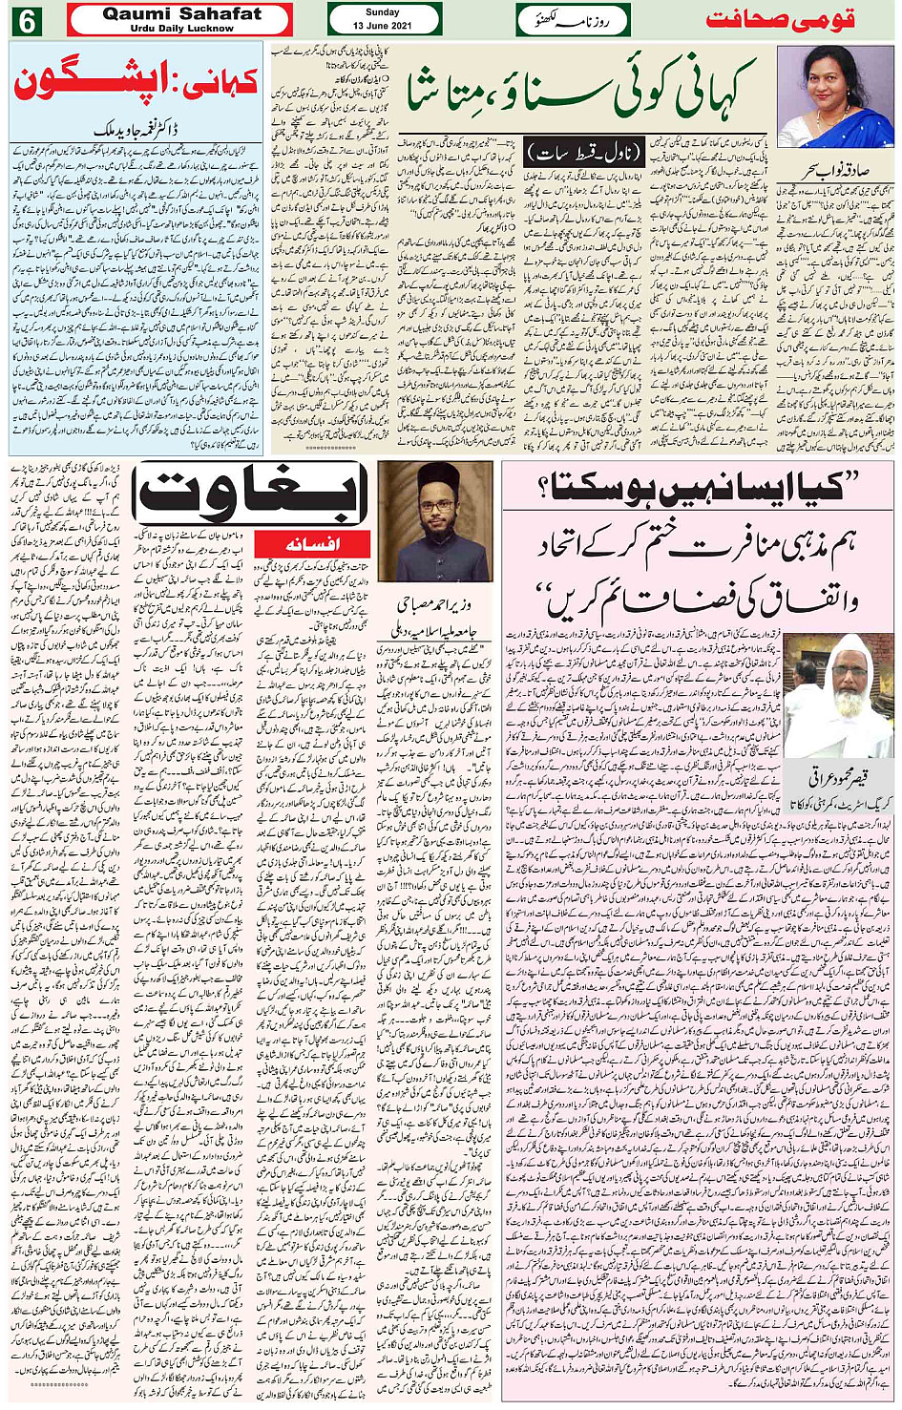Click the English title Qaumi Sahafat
coord(181,13)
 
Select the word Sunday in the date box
coord(383,12)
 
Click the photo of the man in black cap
coord(435,521)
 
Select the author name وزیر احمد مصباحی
coord(435,605)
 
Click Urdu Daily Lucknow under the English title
coord(181,28)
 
